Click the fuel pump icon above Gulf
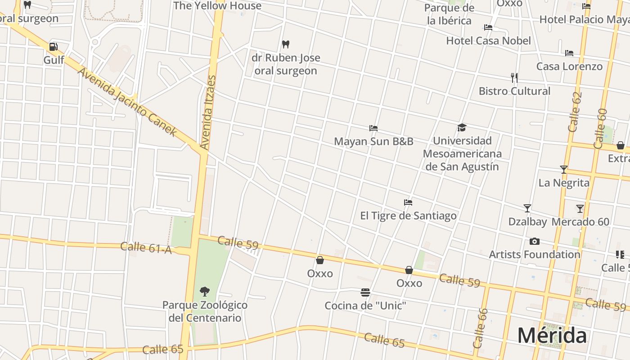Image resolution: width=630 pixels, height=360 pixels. [x=53, y=47]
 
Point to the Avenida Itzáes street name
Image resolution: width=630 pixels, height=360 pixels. [x=208, y=112]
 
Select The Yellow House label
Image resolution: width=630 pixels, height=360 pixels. [x=217, y=6]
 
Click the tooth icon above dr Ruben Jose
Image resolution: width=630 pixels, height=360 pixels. [x=285, y=45]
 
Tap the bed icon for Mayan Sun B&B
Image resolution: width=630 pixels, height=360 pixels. [x=373, y=128]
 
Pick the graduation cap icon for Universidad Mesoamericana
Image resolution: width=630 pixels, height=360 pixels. [x=462, y=128]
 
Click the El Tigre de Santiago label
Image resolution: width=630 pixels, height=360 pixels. [x=408, y=216]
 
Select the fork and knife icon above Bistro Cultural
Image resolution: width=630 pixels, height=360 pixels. [x=514, y=78]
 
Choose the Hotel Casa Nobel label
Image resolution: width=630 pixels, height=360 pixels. [x=488, y=41]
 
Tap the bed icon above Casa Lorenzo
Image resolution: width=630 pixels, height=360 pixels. [x=569, y=53]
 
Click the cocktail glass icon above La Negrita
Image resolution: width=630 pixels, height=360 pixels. [x=563, y=170]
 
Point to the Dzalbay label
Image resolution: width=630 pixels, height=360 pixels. [x=527, y=222]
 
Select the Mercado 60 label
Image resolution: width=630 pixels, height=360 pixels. [x=580, y=222]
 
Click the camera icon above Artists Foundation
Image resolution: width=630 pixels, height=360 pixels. [x=535, y=242]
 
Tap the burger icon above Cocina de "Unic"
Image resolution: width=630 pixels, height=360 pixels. [x=365, y=293]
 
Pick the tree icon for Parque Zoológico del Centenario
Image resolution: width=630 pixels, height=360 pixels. [x=205, y=292]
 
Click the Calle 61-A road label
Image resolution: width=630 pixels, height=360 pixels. [x=146, y=247]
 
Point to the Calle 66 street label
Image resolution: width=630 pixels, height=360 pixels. [x=480, y=328]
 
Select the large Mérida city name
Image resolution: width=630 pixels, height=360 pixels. [x=552, y=336]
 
